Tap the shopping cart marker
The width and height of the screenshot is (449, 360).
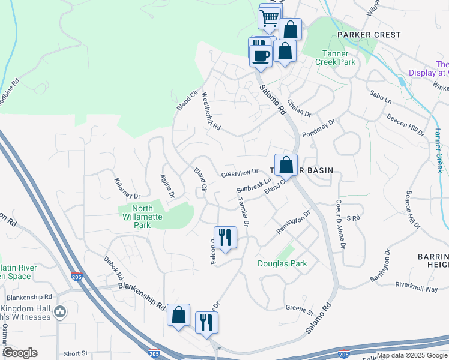coord(268,17)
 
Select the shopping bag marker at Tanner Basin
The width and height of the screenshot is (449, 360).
coord(286,164)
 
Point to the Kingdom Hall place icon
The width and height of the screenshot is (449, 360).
coord(60,311)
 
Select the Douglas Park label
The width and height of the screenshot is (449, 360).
coord(282,263)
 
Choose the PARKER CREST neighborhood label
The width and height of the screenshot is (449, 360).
coord(369,35)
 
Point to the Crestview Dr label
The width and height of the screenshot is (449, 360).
coord(240,173)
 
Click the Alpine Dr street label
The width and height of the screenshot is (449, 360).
coord(167,186)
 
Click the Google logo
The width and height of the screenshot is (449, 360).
coord(20,353)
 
